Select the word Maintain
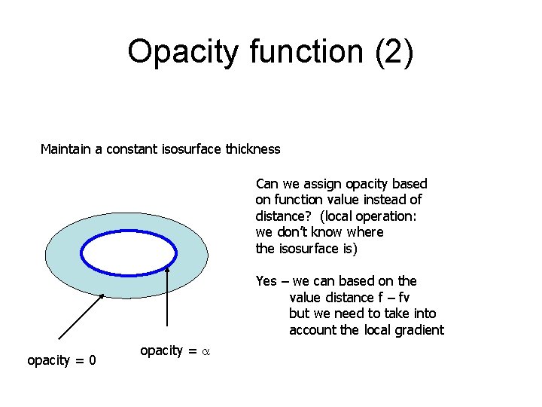(x=66, y=149)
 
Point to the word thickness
(x=251, y=149)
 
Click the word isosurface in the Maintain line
(x=189, y=149)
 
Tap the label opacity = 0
(x=61, y=360)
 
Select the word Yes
(x=266, y=281)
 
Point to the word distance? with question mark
(x=281, y=216)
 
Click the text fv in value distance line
(x=402, y=298)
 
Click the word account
(x=313, y=330)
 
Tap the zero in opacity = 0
(x=91, y=360)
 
